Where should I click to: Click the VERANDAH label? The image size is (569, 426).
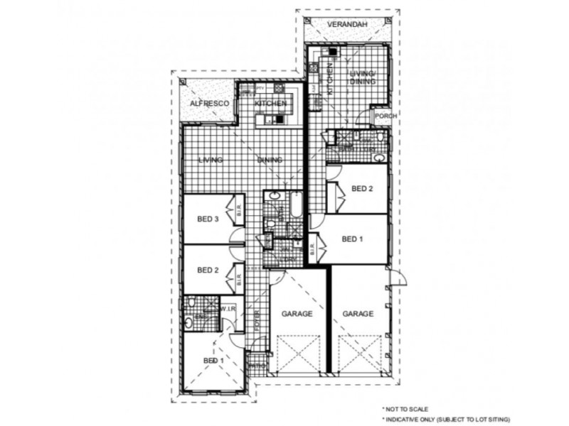(347, 25)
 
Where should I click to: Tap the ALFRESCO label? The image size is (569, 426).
(209, 104)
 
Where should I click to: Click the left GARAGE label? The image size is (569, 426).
(297, 313)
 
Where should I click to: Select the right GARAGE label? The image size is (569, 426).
(358, 313)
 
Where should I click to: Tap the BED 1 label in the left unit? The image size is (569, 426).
(213, 361)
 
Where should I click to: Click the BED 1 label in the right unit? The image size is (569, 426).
(353, 239)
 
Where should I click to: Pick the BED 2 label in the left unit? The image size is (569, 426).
(207, 270)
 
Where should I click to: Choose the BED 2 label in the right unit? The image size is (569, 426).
(362, 188)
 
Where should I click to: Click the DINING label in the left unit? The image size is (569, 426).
(270, 160)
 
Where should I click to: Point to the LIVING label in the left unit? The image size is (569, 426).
(211, 160)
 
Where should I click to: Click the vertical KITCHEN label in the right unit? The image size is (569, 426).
(330, 79)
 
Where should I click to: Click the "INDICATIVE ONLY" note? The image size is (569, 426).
(447, 420)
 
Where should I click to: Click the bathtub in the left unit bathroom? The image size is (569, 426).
(294, 205)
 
